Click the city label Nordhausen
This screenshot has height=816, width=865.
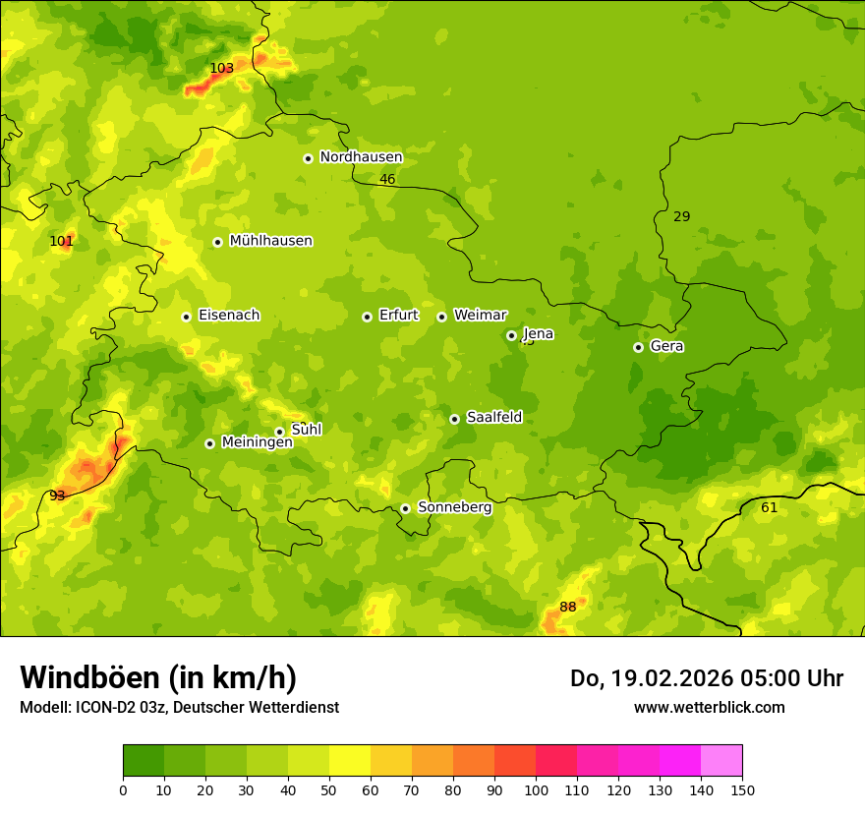[x=361, y=157]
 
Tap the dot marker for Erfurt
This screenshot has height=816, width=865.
[x=367, y=317]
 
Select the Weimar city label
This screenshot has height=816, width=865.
[x=480, y=316]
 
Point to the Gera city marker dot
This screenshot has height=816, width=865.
[x=638, y=347]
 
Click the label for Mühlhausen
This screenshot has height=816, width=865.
[x=270, y=241]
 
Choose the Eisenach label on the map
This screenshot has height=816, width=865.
[x=229, y=316]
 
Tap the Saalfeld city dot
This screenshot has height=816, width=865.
[x=454, y=419]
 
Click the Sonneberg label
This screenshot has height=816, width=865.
[x=454, y=507]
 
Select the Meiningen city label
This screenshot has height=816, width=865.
[x=258, y=442]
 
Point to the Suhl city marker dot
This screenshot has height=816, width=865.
[x=279, y=432]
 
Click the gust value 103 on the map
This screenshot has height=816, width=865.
[x=222, y=68]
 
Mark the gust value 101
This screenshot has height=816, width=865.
[x=61, y=241]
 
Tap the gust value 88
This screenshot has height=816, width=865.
[x=568, y=607]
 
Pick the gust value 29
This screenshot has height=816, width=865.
[x=681, y=216]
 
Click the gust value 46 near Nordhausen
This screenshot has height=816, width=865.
[x=387, y=179]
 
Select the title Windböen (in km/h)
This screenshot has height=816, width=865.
[x=158, y=677]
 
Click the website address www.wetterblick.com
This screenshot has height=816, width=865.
[x=709, y=707]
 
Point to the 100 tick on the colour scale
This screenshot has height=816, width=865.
[x=536, y=789]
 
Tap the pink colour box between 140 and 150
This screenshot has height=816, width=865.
[x=721, y=761]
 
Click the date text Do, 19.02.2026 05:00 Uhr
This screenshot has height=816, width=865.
[x=707, y=678]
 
